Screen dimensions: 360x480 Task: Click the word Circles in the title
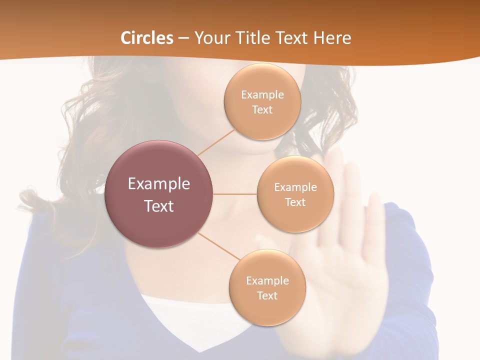[147, 38]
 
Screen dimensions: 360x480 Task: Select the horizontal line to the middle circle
[235, 194]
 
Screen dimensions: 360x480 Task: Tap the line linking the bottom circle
[219, 246]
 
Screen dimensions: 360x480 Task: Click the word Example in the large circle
[159, 184]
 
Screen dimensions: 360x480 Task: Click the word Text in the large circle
[159, 206]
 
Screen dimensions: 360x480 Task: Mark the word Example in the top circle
[262, 95]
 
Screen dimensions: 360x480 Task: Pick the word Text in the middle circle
[295, 202]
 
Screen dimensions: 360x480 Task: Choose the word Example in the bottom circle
[267, 281]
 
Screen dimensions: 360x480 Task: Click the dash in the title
[183, 38]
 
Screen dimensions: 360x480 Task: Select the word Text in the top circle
[262, 110]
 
